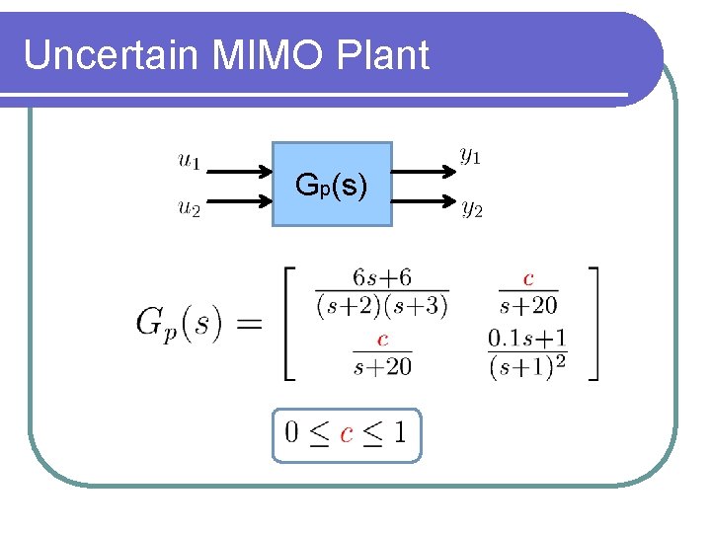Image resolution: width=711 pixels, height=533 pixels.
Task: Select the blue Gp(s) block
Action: tap(332, 185)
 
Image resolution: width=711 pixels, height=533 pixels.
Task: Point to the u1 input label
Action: tap(189, 159)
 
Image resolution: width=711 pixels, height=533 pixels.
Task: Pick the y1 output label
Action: tap(470, 156)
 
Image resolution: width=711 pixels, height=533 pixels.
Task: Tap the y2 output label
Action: tap(471, 208)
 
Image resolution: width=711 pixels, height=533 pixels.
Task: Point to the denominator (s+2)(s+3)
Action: tap(382, 306)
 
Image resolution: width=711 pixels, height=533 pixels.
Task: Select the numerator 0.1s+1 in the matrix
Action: tap(528, 339)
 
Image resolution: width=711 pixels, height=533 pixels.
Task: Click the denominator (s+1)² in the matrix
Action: tap(528, 367)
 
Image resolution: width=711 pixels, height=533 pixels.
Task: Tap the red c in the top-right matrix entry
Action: tap(528, 279)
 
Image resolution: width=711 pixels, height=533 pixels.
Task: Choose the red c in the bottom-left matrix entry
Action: tap(382, 340)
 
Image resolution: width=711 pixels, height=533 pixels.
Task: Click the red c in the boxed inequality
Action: tap(347, 433)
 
